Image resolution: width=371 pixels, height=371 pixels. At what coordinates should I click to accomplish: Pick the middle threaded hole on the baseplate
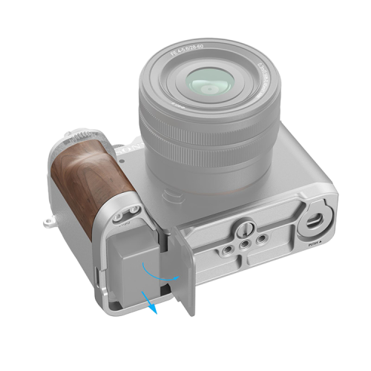243,243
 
